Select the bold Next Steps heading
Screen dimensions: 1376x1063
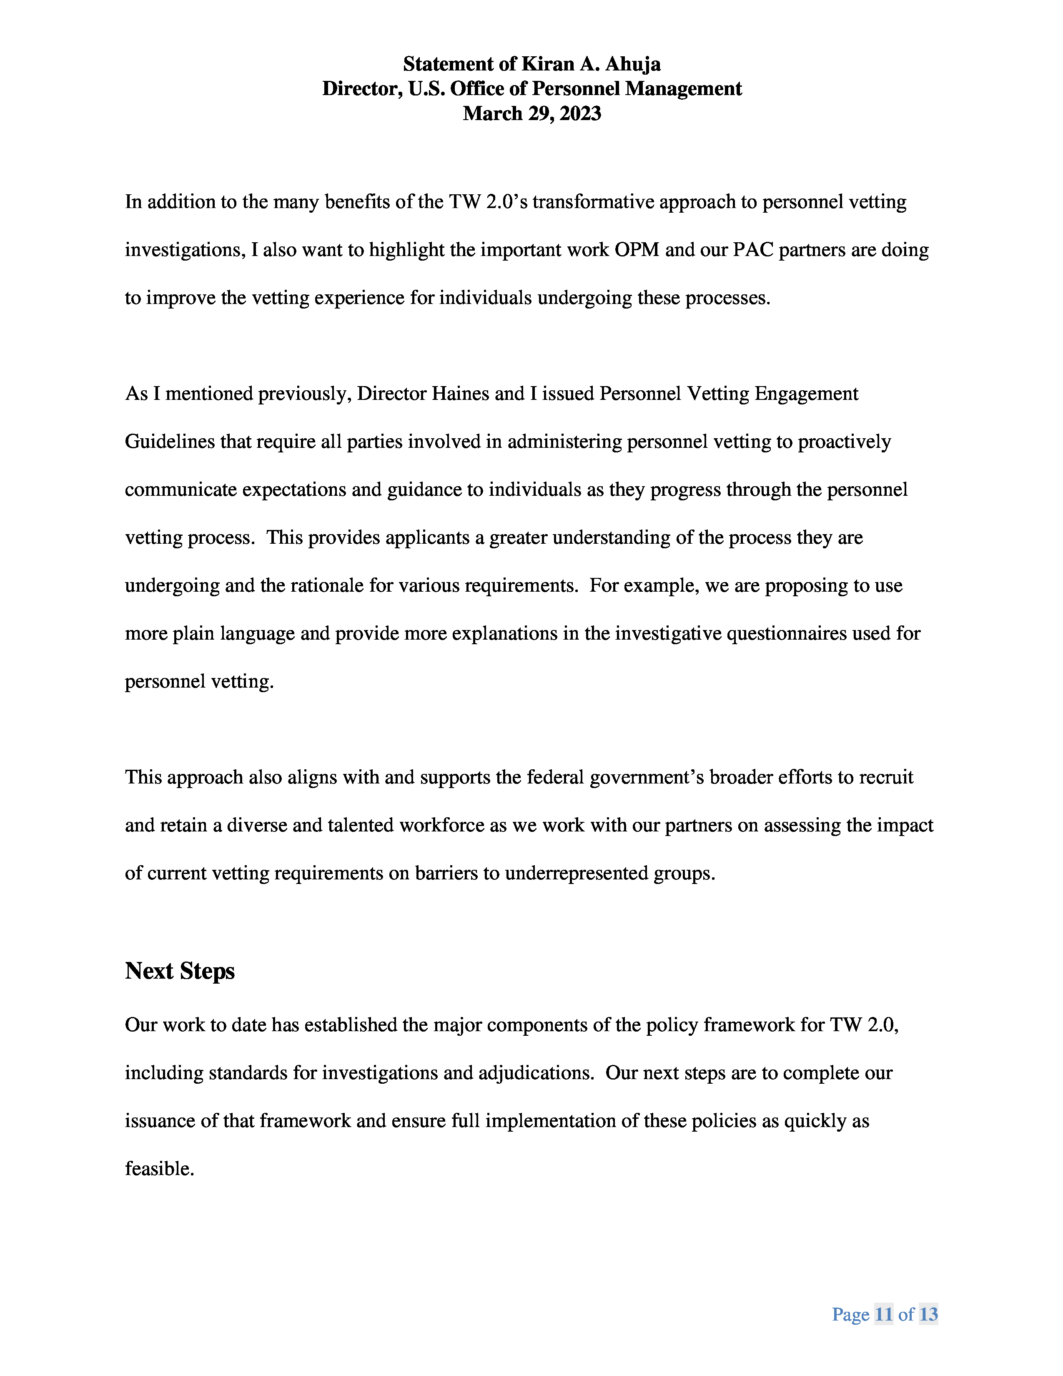pyautogui.click(x=180, y=971)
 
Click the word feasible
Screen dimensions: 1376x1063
pyautogui.click(x=159, y=1169)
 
